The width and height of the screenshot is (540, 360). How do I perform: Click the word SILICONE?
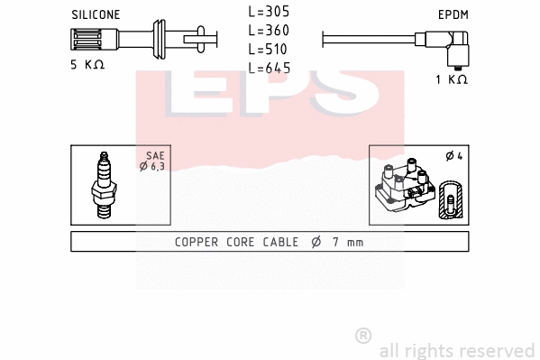95,15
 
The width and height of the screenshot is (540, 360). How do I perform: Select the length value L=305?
269,13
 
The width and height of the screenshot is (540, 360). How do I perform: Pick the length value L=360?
269,31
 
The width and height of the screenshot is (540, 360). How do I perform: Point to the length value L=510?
269,49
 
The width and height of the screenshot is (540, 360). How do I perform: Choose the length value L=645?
269,68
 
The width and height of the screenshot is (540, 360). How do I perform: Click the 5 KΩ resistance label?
87,65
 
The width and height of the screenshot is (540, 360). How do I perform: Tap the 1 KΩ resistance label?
451,79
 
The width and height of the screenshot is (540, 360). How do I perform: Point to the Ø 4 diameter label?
453,156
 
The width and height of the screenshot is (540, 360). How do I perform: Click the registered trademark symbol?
362,335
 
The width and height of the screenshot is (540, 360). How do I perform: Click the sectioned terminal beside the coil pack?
448,200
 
